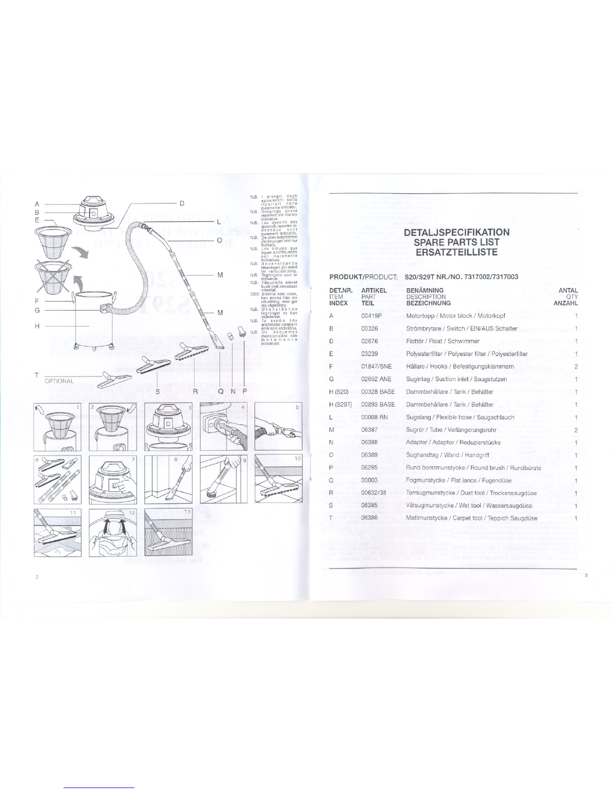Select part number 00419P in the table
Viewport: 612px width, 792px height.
(371, 316)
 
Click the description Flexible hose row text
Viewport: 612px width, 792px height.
(460, 417)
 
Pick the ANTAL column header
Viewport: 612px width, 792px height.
(568, 290)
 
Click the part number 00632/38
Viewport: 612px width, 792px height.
(373, 493)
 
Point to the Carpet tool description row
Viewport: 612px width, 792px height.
(471, 518)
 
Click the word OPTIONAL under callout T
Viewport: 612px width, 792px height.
(59, 381)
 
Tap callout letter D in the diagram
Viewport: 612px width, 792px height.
(181, 203)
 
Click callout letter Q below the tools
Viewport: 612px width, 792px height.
(220, 391)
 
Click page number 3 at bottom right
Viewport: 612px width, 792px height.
(585, 576)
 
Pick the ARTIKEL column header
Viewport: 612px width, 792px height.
(374, 290)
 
